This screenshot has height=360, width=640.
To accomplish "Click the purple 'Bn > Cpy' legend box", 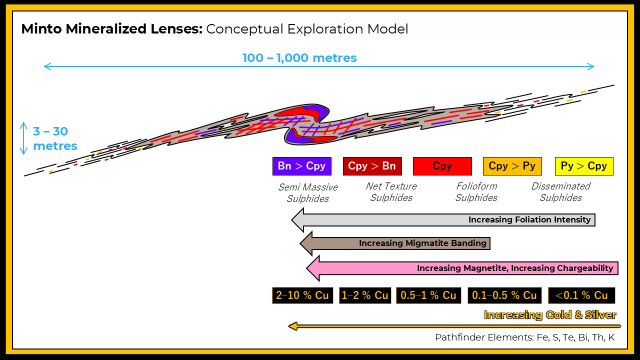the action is point(301,166).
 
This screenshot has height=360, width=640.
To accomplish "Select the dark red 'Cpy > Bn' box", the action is point(372,166).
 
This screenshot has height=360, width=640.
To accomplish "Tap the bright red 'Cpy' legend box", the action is point(442,166).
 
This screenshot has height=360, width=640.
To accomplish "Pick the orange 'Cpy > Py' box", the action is point(512,166).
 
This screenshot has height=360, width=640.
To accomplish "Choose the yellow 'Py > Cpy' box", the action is point(584,166).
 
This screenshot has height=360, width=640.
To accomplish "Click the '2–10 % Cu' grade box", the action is point(302,295).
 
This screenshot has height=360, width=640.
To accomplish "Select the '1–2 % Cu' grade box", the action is point(365,295).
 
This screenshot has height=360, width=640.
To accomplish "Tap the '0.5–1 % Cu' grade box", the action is point(428,295).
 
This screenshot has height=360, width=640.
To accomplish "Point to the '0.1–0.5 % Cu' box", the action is point(504,295).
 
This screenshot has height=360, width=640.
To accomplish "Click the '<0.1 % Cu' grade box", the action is point(581,295).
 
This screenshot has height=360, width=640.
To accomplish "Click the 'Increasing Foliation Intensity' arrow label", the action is point(529,219).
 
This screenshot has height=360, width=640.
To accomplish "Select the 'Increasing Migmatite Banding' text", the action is point(422,243).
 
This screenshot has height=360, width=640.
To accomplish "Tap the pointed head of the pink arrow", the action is point(306,268).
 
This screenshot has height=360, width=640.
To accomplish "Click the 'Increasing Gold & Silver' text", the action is point(550,315).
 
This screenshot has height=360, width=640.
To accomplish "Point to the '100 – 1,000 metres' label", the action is point(299,58).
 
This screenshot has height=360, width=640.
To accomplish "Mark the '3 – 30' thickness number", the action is point(50,131).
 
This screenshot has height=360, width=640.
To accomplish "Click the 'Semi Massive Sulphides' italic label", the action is point(308,193).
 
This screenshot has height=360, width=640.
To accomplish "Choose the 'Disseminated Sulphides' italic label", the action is point(561,192).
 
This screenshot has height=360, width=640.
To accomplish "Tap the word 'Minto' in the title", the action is point(41,29).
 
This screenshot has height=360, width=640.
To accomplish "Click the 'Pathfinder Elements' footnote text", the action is point(484,337).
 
